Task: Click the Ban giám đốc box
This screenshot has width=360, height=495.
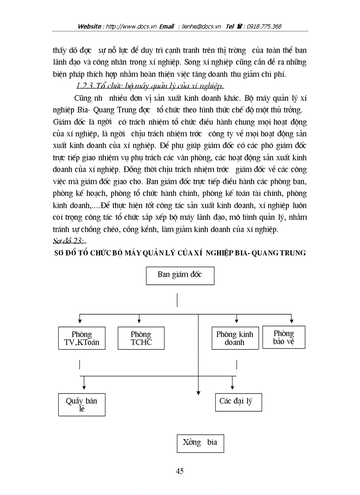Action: tap(180, 275)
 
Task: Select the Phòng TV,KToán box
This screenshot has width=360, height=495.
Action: tap(82, 338)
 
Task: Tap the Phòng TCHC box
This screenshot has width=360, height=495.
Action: tap(141, 338)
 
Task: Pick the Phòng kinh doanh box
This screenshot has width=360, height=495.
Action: tap(235, 338)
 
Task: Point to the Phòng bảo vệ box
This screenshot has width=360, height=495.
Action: tap(283, 337)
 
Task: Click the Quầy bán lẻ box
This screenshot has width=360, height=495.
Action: tap(82, 404)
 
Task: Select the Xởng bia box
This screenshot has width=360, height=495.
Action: tap(200, 443)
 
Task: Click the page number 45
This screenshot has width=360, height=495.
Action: tap(180, 471)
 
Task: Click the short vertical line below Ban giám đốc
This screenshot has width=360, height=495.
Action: tap(177, 301)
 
